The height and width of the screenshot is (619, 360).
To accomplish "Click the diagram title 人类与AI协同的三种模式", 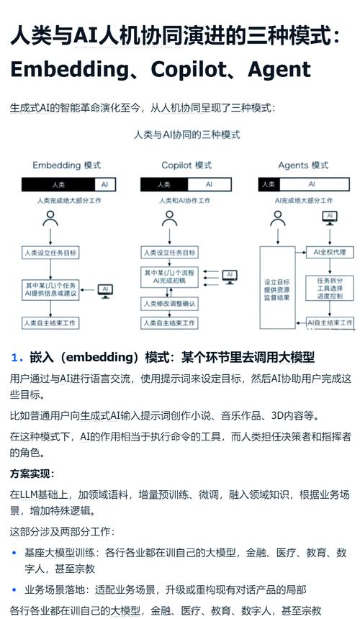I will [186, 135].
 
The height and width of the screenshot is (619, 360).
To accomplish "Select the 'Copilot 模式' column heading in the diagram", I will [186, 166].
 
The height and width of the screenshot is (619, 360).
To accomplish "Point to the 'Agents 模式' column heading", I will [303, 166].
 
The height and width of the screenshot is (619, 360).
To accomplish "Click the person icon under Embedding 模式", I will [50, 219].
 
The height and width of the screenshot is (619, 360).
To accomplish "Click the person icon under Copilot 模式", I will [169, 219].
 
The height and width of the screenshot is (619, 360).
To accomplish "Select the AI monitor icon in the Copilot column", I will [229, 276].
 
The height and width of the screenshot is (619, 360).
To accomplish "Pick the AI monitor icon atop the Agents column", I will [330, 217].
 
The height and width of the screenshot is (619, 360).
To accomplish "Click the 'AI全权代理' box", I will [330, 253].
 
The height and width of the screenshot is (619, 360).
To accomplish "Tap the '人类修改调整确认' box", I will [169, 304].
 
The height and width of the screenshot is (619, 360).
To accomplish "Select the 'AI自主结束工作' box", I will [330, 323].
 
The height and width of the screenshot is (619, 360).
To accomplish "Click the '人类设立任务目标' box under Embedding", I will [50, 253].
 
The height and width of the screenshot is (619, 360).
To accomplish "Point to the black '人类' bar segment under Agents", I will [269, 185].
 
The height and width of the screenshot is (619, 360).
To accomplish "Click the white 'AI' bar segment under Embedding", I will [104, 185].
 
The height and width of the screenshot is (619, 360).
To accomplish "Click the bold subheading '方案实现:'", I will [32, 474].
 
